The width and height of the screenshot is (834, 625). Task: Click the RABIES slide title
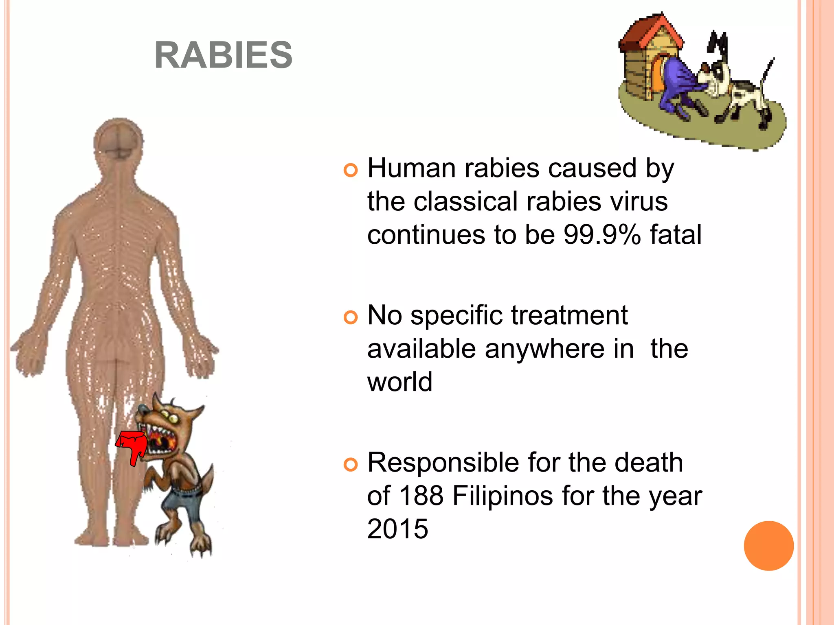click(224, 55)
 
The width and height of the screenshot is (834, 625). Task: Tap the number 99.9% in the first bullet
click(602, 235)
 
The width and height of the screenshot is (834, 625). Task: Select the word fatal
click(676, 235)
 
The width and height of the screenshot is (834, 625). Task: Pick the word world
click(399, 382)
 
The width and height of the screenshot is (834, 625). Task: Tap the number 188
click(421, 496)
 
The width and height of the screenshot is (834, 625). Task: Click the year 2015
click(397, 529)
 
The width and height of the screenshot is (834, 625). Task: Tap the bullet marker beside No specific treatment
click(350, 317)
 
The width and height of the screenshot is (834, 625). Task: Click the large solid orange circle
click(768, 546)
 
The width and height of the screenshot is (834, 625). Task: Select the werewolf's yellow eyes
click(168, 416)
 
